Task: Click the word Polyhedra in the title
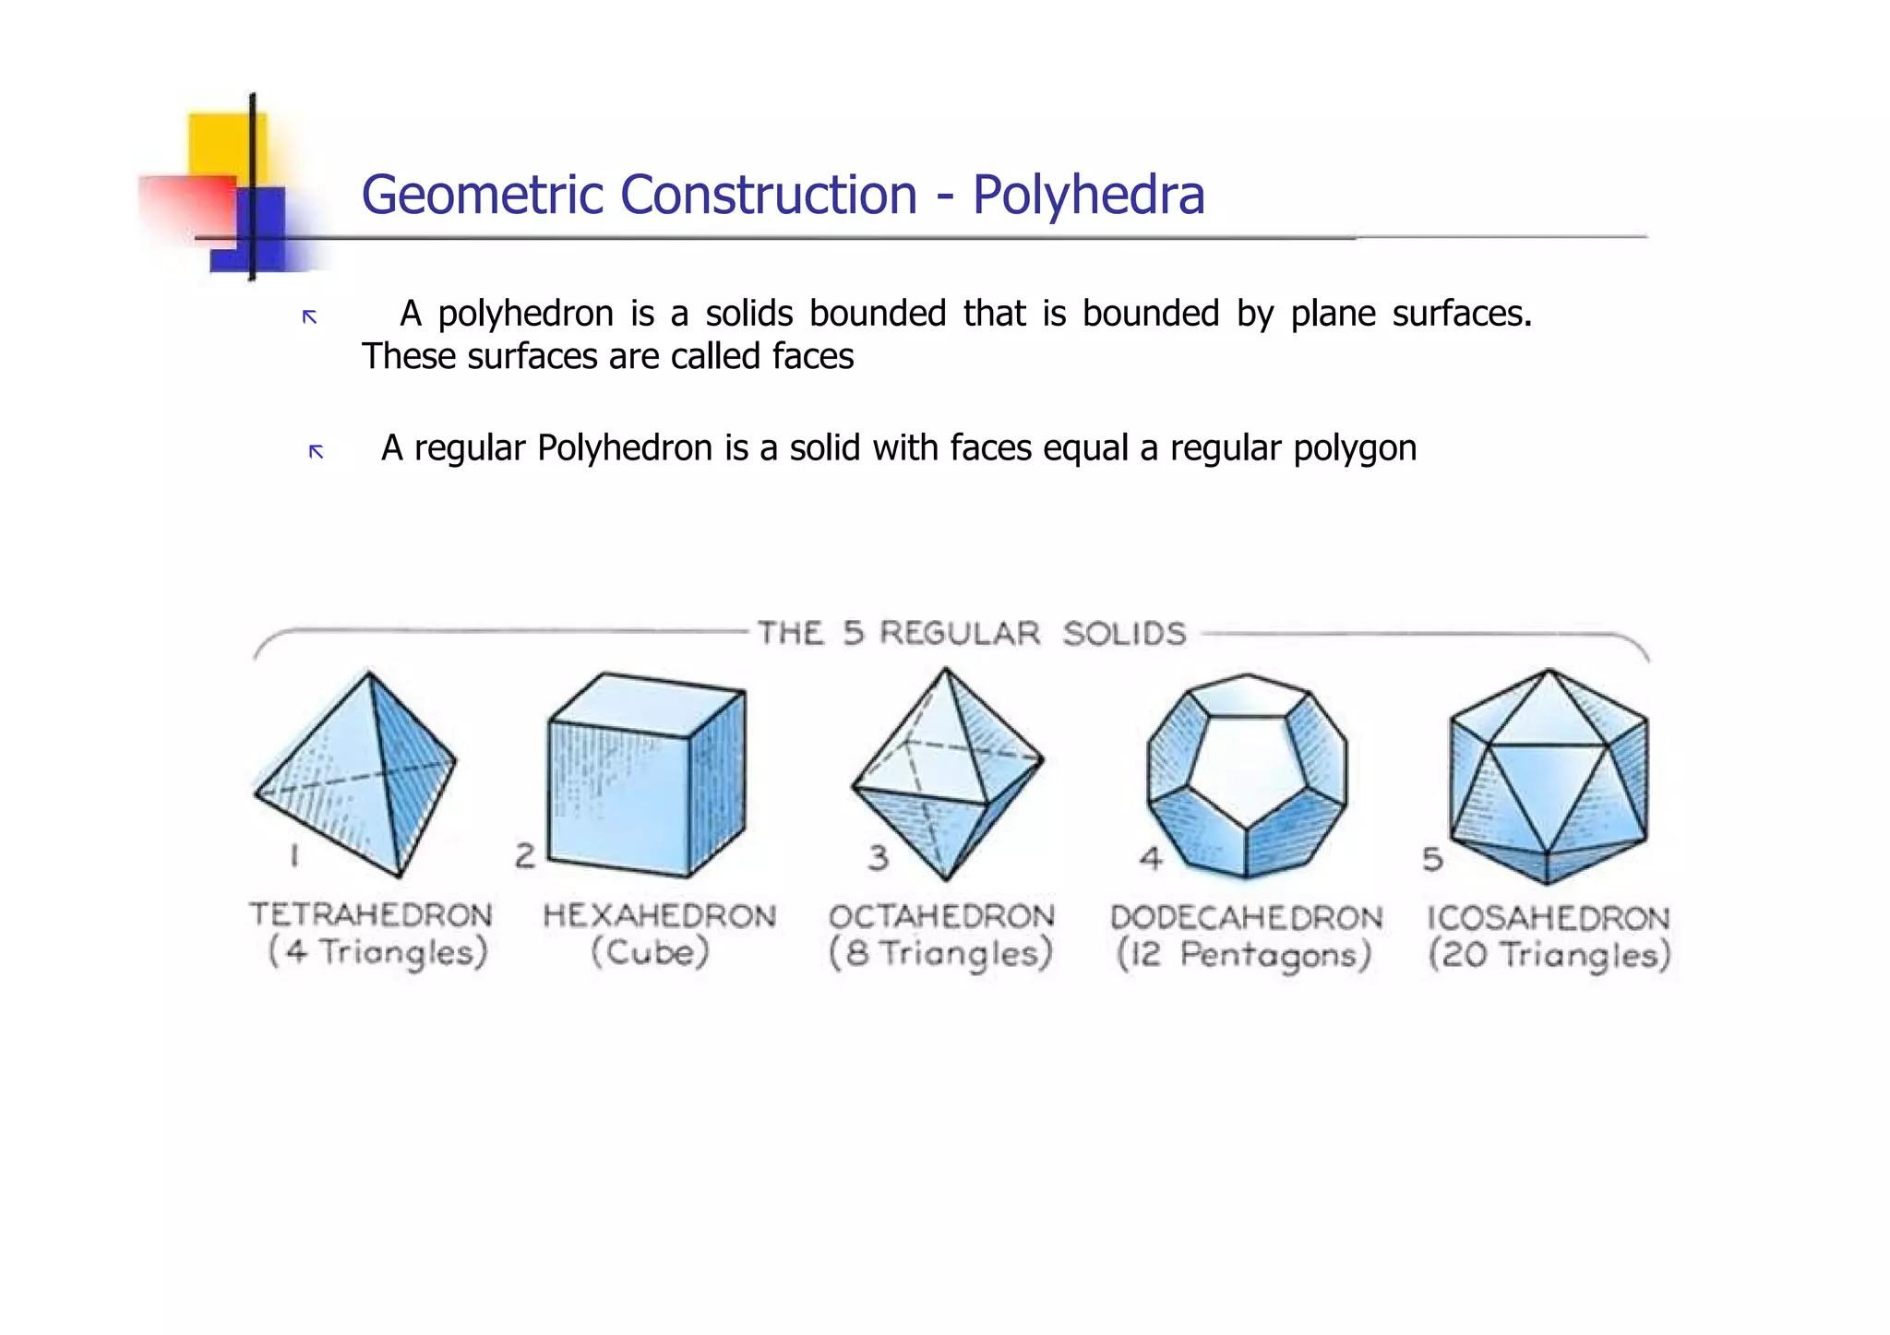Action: tap(1088, 196)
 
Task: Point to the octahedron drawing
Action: tap(946, 775)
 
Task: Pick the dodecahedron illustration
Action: tap(1247, 775)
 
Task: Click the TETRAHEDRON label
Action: tap(371, 915)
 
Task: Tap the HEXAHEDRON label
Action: tap(659, 916)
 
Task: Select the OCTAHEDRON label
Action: tap(941, 916)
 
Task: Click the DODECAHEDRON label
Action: tap(1246, 918)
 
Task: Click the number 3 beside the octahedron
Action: tap(878, 858)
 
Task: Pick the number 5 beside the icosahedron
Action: tap(1432, 860)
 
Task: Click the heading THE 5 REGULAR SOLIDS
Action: tap(972, 634)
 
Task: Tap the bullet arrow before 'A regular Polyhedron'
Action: tap(316, 451)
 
